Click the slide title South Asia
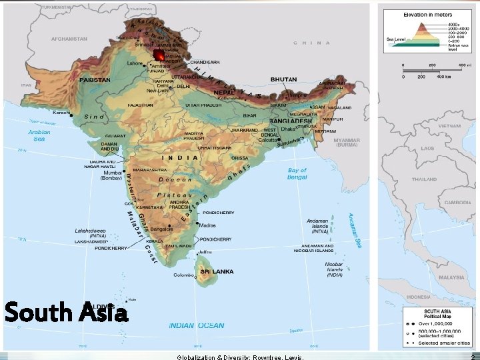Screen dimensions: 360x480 click(65, 311)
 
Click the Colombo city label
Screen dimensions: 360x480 click(183, 275)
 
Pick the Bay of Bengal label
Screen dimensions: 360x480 click(297, 174)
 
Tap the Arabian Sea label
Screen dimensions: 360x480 click(39, 135)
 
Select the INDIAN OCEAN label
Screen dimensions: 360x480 click(197, 325)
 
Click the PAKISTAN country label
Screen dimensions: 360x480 click(95, 79)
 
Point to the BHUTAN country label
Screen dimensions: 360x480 click(283, 79)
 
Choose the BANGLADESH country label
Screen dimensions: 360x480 click(291, 102)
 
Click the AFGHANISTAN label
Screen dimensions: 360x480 click(69, 39)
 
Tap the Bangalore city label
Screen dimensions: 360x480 click(182, 230)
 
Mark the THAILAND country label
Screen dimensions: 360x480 click(424, 179)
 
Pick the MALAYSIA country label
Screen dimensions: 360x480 click(451, 277)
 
